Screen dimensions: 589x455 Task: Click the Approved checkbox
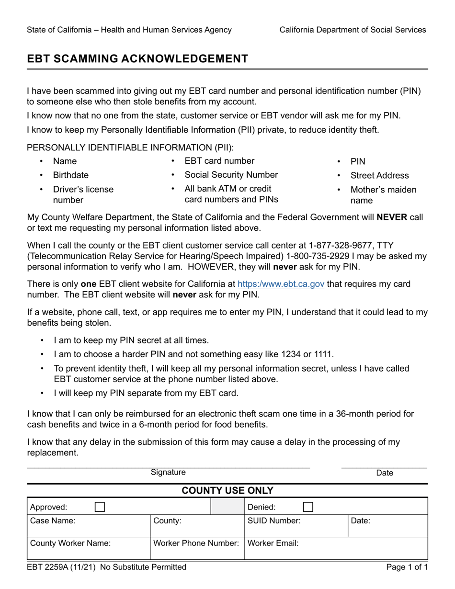[x=100, y=507]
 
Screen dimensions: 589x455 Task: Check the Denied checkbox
[x=309, y=507]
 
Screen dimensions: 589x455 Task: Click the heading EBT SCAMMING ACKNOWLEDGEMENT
[x=137, y=58]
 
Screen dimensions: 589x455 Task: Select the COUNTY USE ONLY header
[x=227, y=491]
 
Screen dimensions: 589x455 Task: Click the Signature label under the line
[x=168, y=473]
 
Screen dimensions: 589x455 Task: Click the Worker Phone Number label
[x=196, y=544]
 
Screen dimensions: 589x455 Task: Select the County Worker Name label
[x=70, y=544]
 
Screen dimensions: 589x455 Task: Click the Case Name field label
[x=53, y=521]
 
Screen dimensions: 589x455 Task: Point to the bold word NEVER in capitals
[x=392, y=217]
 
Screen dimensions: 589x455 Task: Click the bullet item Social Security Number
[x=231, y=175]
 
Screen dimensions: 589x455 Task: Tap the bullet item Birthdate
[x=71, y=175]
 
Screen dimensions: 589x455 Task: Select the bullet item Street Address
[x=380, y=175]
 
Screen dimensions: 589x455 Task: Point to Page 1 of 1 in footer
[x=407, y=567]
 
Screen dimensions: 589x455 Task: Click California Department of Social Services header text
[x=353, y=30]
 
